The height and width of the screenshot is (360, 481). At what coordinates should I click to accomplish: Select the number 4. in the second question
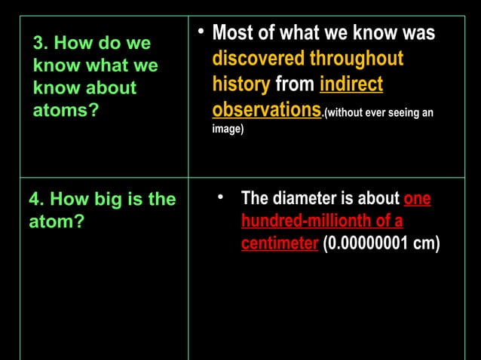pos(37,200)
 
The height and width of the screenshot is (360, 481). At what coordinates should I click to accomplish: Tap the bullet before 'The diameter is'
pos(221,197)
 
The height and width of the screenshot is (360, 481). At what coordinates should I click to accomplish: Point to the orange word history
pos(240,84)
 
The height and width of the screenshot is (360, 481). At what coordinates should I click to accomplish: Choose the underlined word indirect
pos(351,84)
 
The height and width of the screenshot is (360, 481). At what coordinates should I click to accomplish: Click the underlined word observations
pos(266,110)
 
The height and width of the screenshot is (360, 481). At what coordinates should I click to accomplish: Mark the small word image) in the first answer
pos(228,130)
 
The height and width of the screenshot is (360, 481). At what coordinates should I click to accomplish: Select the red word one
pos(417,200)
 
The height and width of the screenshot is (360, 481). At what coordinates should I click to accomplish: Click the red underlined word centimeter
pos(279,244)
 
